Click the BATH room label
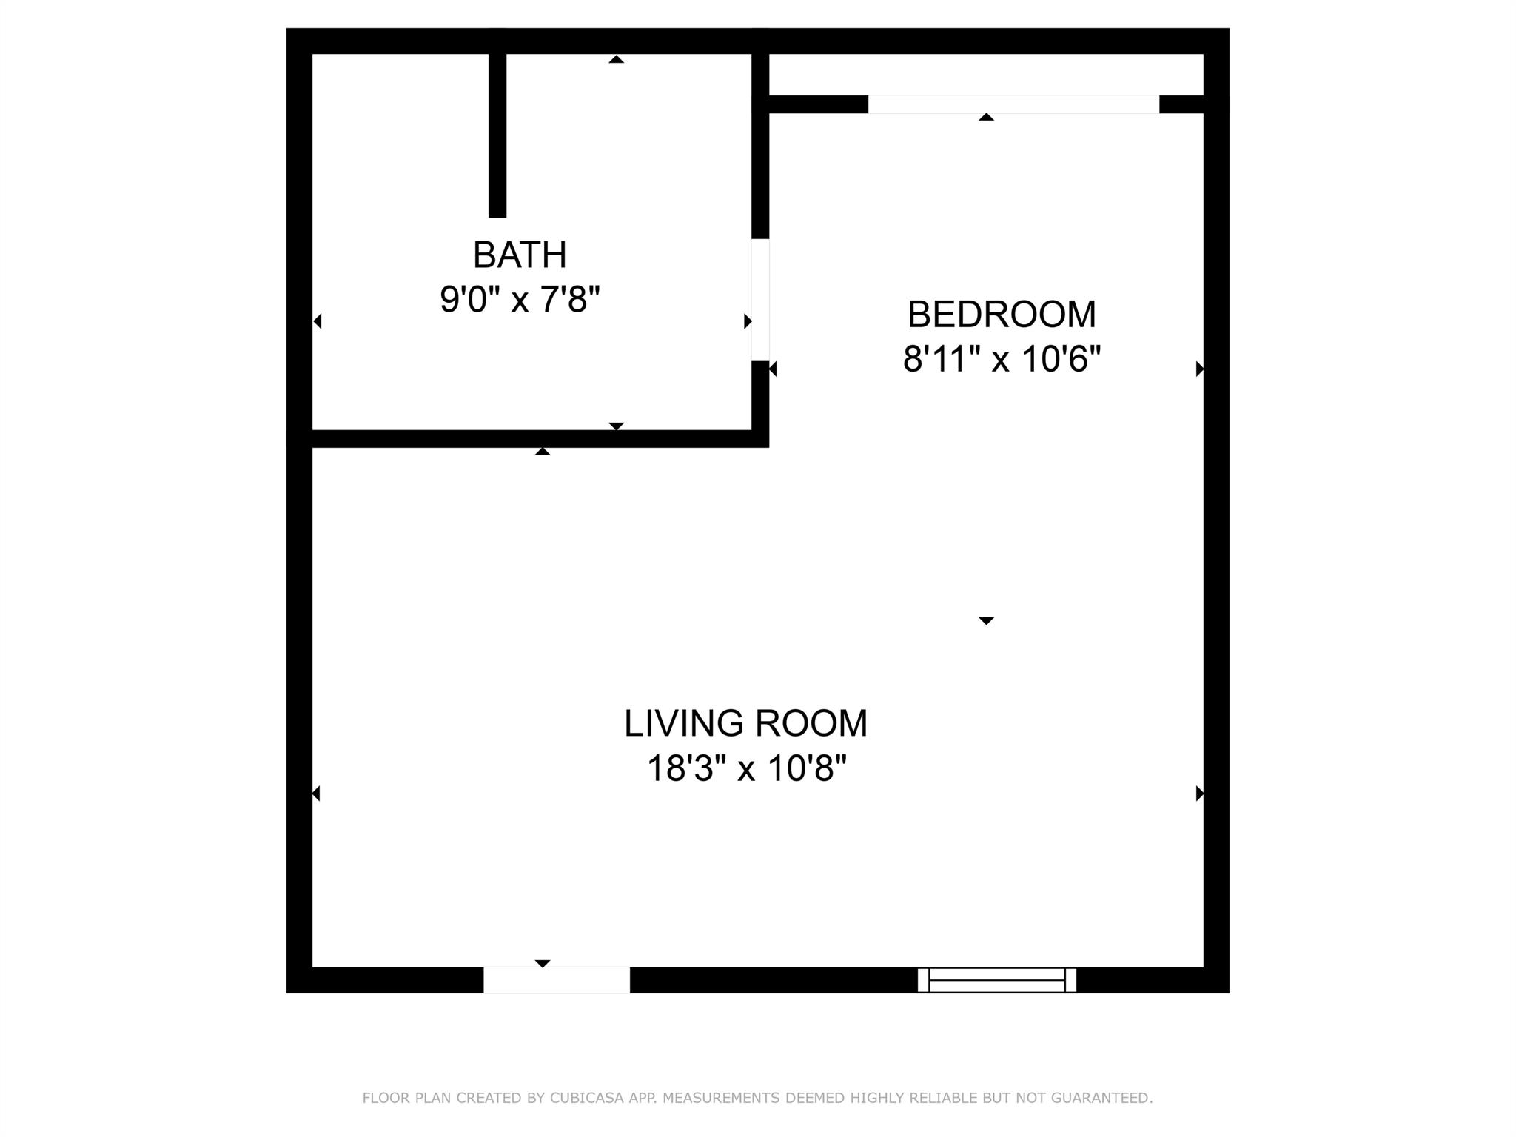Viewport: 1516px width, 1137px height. tap(520, 255)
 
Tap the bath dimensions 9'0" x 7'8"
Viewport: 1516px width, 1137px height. tap(520, 301)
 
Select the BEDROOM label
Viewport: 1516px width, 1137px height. tap(1002, 315)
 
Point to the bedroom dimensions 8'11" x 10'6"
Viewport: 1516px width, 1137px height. tap(1002, 360)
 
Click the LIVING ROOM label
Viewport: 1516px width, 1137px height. tap(745, 723)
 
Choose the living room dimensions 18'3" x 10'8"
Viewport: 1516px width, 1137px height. tap(746, 768)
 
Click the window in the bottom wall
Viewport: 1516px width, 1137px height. tap(997, 980)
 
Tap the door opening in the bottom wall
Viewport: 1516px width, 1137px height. tap(557, 980)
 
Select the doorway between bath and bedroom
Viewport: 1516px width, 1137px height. tap(760, 300)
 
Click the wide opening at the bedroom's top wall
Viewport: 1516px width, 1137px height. tap(1013, 104)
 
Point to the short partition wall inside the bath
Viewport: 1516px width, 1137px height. tap(497, 135)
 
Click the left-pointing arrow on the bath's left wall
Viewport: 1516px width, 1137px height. tap(318, 321)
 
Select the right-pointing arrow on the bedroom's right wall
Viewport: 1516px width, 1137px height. tap(1200, 369)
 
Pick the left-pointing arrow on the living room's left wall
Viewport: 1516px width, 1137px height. tap(316, 794)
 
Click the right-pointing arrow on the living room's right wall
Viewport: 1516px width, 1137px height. tap(1200, 794)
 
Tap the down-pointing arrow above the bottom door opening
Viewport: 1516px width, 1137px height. tap(543, 963)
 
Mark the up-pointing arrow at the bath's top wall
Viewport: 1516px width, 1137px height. tap(616, 59)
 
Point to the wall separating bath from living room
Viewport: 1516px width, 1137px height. tap(528, 439)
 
